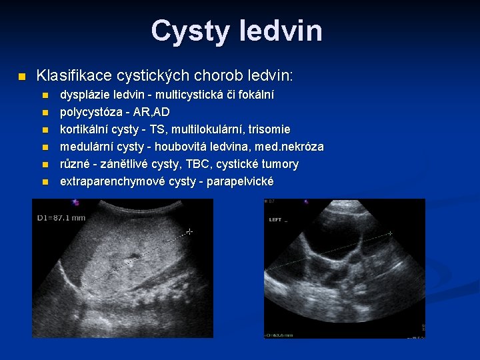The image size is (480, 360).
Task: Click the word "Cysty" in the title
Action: point(189,31)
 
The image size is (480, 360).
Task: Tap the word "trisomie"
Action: point(267,129)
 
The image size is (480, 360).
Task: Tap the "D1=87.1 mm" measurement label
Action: point(61,217)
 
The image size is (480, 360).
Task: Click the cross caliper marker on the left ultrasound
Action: point(189,232)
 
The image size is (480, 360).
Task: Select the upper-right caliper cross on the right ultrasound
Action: point(390,233)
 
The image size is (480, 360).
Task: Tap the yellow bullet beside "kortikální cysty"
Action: point(45,129)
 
